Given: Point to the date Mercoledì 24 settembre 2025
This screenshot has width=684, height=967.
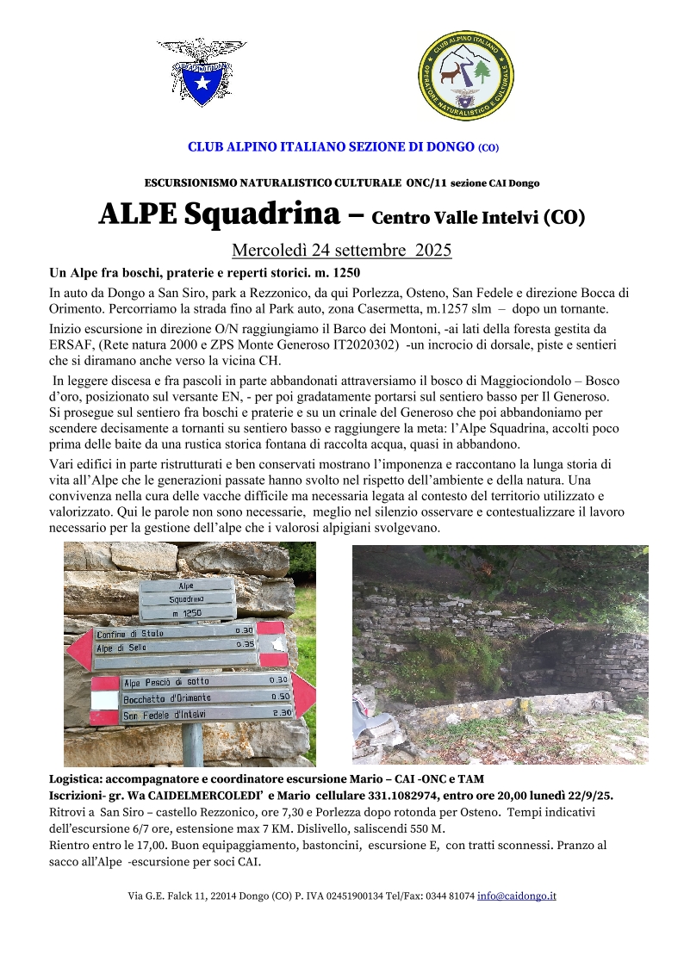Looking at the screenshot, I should tap(342, 251).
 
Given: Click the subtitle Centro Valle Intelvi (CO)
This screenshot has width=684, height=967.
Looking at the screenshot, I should tap(478, 217).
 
